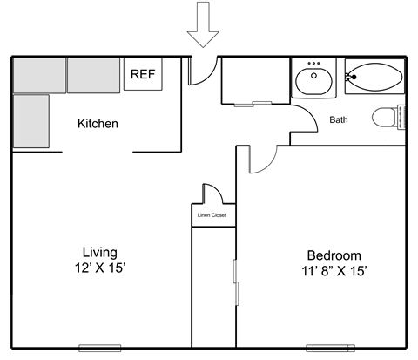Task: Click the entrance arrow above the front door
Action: point(204,24)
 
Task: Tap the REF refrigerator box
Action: point(142,75)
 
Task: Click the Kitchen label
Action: point(98,124)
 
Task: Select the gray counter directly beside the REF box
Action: point(93,76)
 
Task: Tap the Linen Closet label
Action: point(213,214)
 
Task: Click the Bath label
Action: point(340,120)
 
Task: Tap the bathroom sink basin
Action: point(313,82)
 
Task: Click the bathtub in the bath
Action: point(374,78)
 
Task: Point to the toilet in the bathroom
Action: point(386,117)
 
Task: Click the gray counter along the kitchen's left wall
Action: point(30,120)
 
